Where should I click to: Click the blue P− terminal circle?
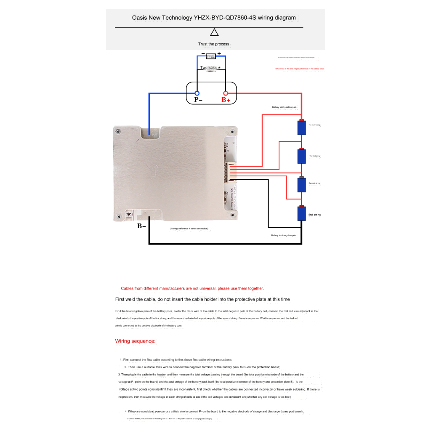[x=197, y=93]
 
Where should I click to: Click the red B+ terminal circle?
[x=226, y=93]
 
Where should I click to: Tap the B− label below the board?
[x=141, y=226]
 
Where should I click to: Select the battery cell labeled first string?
[x=301, y=213]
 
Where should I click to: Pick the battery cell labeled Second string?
[x=301, y=184]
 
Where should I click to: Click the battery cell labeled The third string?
[x=301, y=156]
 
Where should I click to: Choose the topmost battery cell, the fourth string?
[x=301, y=127]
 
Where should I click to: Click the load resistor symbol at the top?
[x=211, y=56]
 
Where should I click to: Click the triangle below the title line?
[x=215, y=33]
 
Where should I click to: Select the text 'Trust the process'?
[x=214, y=44]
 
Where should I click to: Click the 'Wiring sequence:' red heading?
[x=136, y=341]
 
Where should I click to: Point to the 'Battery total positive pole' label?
[x=285, y=107]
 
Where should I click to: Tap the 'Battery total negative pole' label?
[x=284, y=235]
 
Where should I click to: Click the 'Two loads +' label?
[x=210, y=67]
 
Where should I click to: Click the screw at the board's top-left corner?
[x=118, y=131]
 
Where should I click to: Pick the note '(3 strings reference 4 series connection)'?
[x=189, y=229]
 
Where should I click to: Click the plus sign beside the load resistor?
[x=219, y=53]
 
